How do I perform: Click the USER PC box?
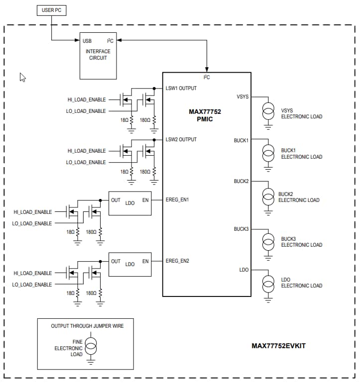point(51,10)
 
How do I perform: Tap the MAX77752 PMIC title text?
point(205,115)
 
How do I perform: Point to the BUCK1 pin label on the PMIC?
point(241,141)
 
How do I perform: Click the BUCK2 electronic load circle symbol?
point(268,197)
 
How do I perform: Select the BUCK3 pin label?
point(241,229)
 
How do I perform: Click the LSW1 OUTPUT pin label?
point(181,88)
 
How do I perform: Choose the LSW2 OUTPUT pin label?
point(181,139)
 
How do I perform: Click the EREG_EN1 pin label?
point(177,200)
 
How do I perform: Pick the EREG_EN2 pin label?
point(177,261)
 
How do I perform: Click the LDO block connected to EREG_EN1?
point(130,203)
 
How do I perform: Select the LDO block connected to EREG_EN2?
point(130,264)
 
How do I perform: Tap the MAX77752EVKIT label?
point(278,346)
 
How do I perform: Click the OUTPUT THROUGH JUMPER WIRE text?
point(87,326)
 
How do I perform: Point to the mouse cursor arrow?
point(22,77)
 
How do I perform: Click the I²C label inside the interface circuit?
point(110,41)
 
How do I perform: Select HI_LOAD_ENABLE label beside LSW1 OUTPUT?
point(87,99)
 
